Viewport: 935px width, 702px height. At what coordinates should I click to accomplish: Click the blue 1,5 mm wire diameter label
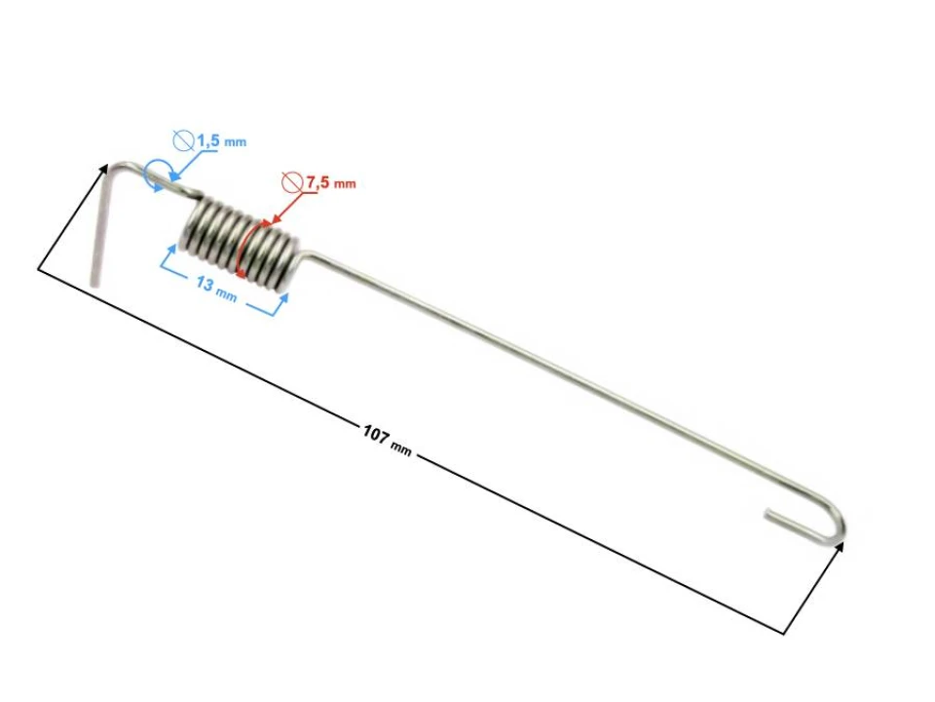pos(221,141)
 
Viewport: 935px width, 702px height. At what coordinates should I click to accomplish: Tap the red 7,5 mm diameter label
pos(330,182)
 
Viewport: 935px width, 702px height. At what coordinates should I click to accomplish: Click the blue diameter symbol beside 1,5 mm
pos(184,141)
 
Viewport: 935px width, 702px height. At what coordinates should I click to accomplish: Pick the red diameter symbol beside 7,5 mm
pos(290,181)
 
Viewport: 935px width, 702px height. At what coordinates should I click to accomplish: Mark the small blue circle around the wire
pos(156,176)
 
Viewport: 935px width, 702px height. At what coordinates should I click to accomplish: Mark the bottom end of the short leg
pos(94,282)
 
